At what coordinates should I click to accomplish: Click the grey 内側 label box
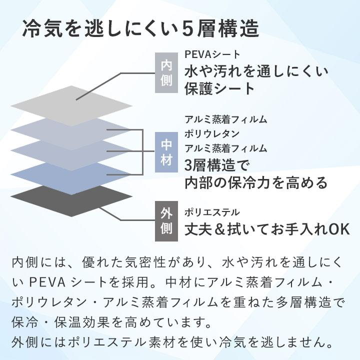pos(166,73)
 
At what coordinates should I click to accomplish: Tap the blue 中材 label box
pos(166,152)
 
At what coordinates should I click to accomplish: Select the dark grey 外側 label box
pos(166,221)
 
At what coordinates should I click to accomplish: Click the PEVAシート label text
pos(212,54)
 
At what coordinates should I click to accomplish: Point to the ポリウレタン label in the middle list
pos(212,133)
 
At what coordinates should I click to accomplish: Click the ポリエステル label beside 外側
pos(212,212)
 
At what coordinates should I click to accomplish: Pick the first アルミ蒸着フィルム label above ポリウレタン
pos(225,119)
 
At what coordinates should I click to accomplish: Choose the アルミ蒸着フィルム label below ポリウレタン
pos(225,148)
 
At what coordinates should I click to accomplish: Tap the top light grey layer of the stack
pos(71,106)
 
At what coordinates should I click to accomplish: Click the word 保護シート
pos(219,88)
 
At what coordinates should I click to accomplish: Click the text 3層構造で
pos(216,165)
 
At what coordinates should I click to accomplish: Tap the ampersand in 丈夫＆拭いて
pos(219,229)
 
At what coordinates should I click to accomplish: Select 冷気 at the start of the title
pos(42,29)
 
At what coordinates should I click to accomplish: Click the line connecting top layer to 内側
pos(115,86)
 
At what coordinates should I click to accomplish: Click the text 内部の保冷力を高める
pos(256,183)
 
